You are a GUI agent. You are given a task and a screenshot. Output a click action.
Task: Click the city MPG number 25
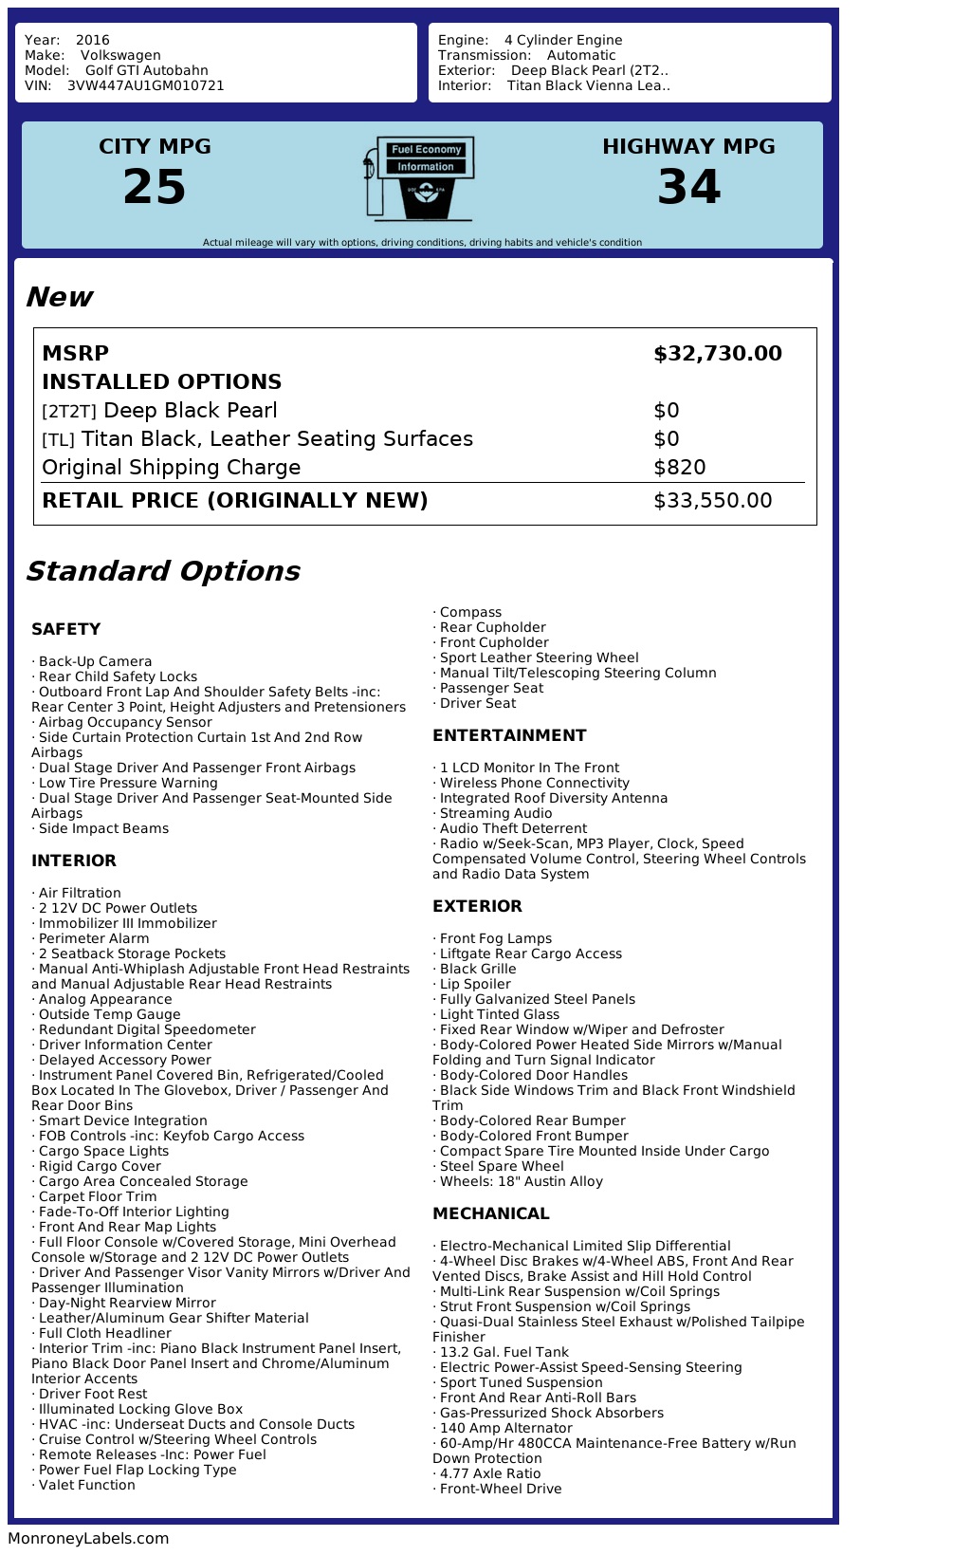pos(155,187)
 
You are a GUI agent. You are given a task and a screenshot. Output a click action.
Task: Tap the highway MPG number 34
pos(689,187)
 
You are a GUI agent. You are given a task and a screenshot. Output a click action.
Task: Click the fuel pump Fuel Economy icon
pos(419,178)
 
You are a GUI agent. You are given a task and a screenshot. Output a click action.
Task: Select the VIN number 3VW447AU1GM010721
pos(146,85)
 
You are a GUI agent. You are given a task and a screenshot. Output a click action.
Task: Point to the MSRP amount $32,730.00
pos(718,354)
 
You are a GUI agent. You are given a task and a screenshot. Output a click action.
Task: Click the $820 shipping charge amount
pos(680,468)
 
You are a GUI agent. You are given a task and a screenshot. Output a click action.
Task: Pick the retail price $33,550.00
pos(713,501)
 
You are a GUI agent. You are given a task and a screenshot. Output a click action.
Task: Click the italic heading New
pos(59,298)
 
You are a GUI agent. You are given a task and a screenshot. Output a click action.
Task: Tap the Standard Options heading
pos(162,571)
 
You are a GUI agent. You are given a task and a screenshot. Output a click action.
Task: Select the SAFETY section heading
pos(65,629)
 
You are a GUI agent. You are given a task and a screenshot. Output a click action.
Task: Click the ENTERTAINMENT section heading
pos(509,735)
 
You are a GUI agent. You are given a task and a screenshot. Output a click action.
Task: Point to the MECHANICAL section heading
pos(490,1213)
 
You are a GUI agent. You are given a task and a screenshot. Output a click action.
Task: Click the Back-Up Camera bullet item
pos(95,661)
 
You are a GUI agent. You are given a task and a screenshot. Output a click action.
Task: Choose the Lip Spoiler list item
pos(475,984)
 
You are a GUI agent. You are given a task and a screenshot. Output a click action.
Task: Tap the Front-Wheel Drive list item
pos(501,1489)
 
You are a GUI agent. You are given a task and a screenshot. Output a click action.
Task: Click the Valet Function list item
pos(87,1485)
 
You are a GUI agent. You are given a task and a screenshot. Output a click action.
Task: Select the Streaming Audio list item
pos(496,813)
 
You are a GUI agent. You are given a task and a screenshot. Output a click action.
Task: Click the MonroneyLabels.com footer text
pos(88,1538)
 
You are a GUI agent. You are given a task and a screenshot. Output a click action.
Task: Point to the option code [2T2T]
pos(69,412)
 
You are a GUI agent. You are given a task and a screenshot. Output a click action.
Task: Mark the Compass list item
pos(470,612)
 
